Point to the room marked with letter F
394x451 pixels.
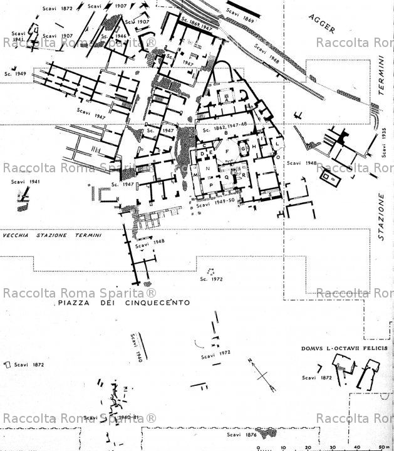[x=227, y=152]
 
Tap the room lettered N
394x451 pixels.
[x=207, y=168]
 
